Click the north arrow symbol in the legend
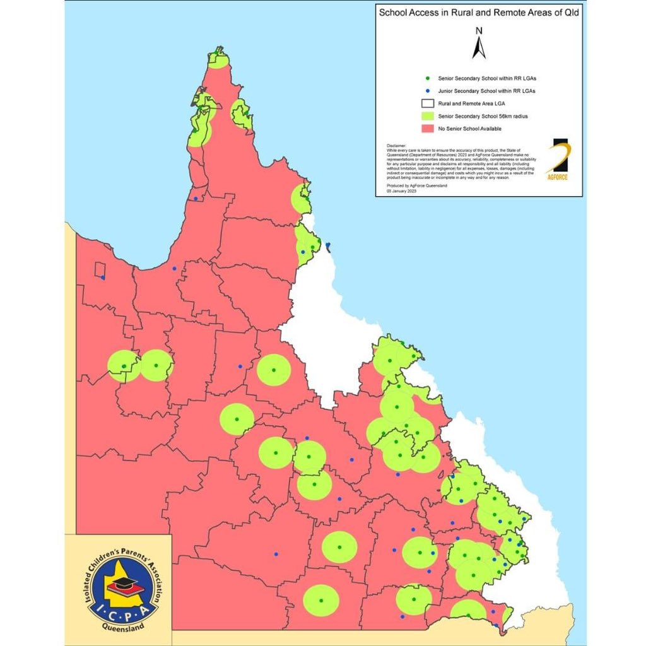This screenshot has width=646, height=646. coord(479,49)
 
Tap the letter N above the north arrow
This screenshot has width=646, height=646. coord(479,31)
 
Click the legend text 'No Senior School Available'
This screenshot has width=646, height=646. coord(469,128)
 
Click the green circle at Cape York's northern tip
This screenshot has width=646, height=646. coord(218,61)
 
